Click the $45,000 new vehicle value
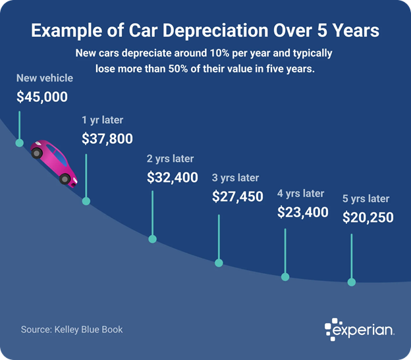[x=42, y=97]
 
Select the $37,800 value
[x=107, y=139]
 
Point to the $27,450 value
[x=237, y=196]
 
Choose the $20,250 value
[x=368, y=217]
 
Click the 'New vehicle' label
[x=45, y=78]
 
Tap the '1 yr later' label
[x=102, y=120]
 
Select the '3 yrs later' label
[x=235, y=178]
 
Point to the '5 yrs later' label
[x=366, y=199]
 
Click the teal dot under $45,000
[x=20, y=143]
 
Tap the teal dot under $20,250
[x=352, y=282]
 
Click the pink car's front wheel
[x=65, y=178]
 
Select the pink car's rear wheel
[x=38, y=153]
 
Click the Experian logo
[x=360, y=329]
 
